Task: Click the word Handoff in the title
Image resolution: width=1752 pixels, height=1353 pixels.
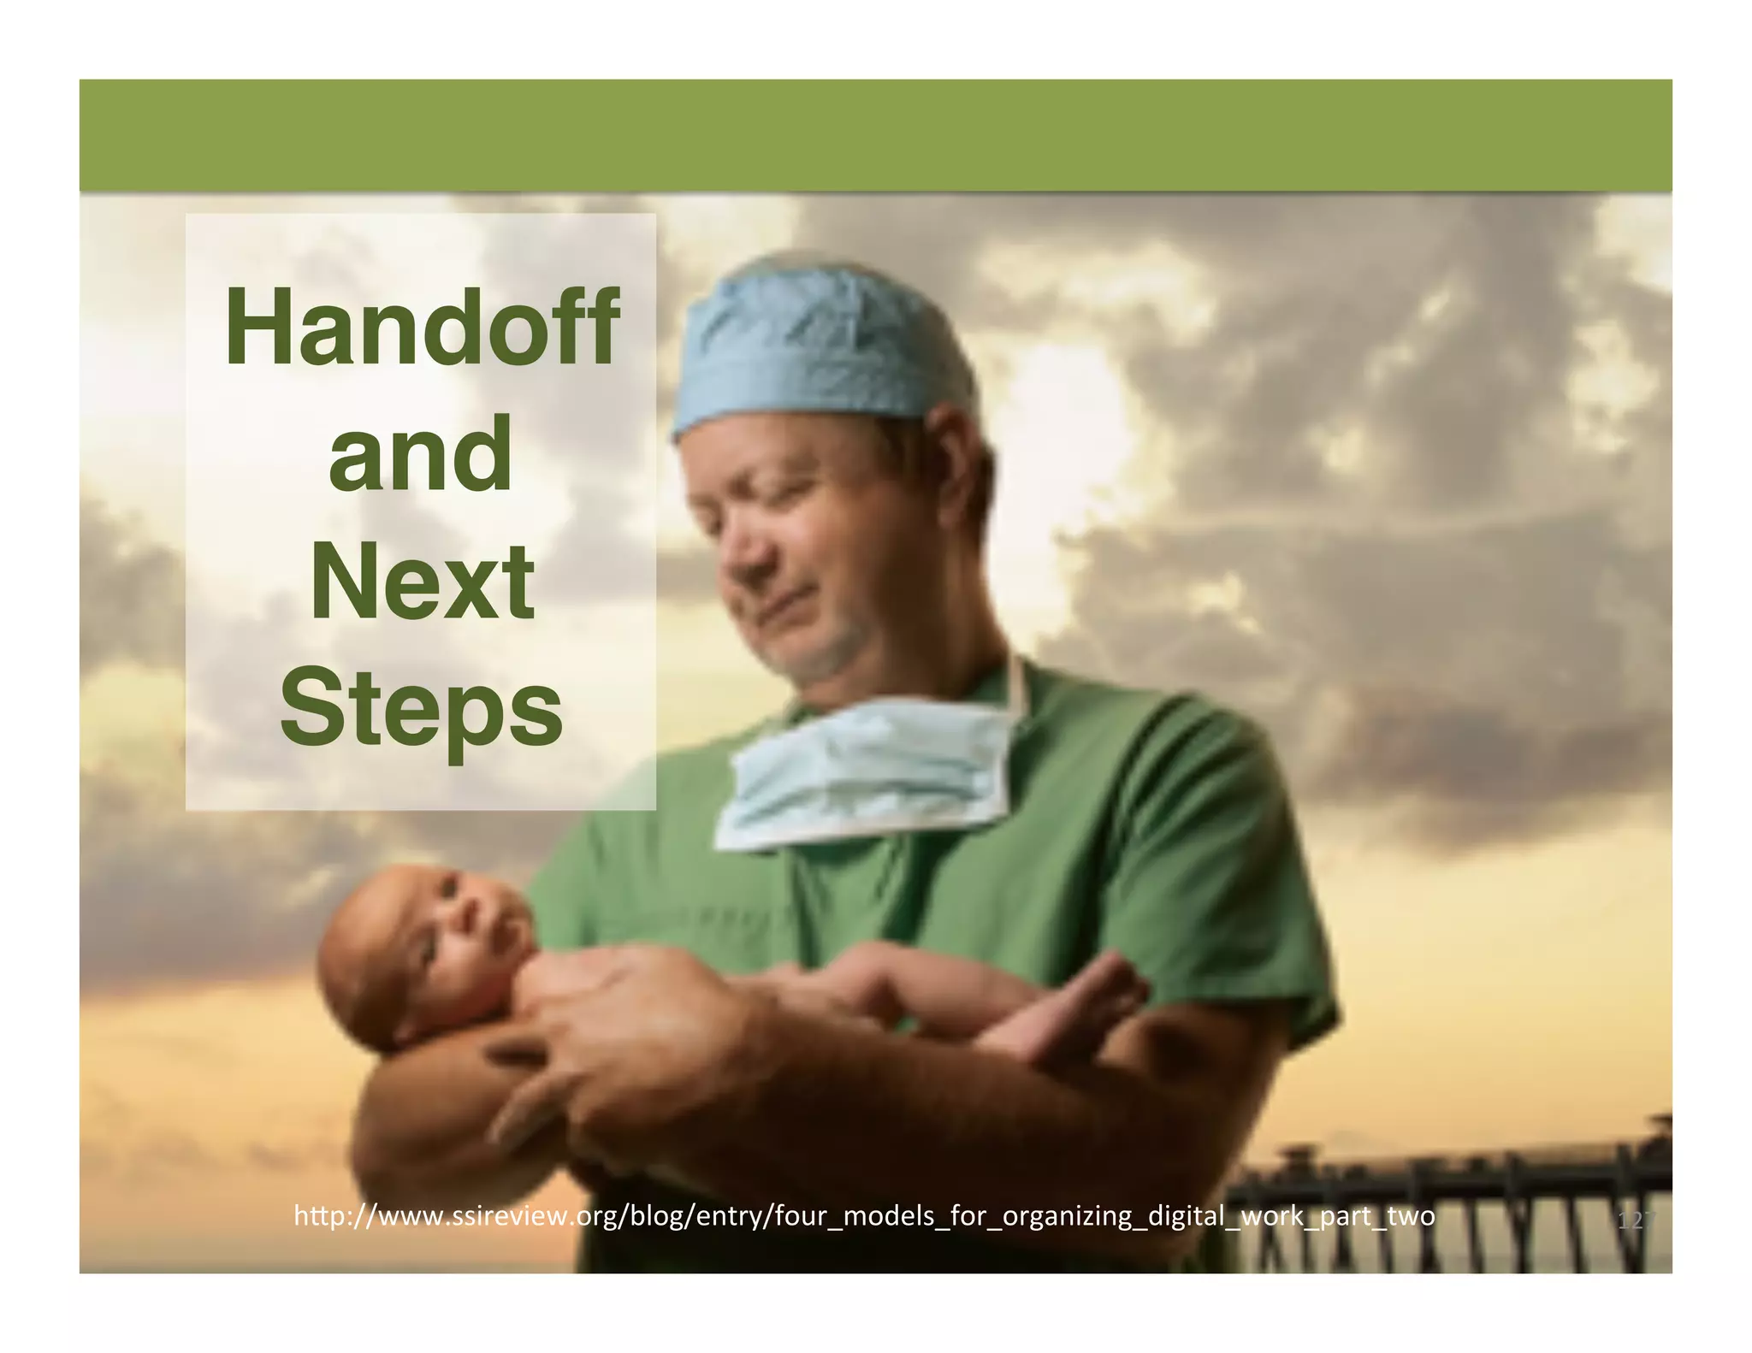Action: [x=421, y=328]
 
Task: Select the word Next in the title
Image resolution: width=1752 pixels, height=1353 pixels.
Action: [x=422, y=582]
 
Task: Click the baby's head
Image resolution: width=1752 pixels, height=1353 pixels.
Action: [x=411, y=949]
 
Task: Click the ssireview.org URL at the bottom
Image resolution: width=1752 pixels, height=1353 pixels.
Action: [x=864, y=1215]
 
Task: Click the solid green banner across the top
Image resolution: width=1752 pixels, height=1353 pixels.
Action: [x=876, y=135]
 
